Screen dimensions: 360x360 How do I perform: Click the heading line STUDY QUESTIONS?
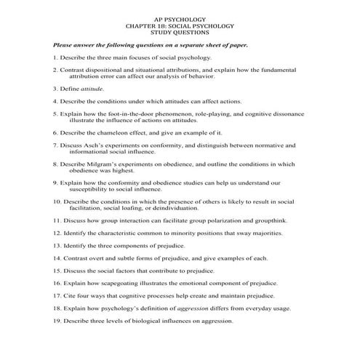[180, 32]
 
